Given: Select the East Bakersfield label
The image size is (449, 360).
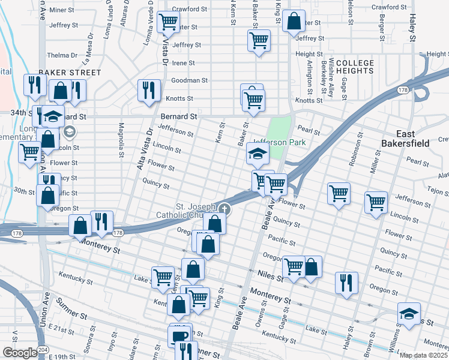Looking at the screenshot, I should (411, 139).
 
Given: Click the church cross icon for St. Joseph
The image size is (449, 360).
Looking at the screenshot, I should (224, 209).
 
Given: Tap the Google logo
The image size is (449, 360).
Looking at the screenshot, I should (20, 353).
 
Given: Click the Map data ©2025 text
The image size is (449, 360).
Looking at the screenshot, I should (424, 355).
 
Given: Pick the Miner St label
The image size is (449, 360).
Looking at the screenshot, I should (61, 10).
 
